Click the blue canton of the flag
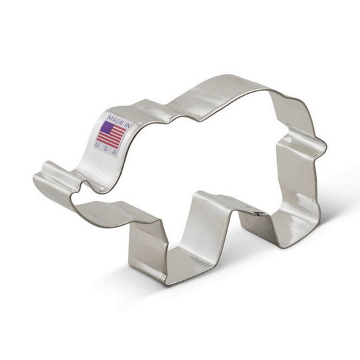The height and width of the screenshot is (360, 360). coord(107,126)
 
